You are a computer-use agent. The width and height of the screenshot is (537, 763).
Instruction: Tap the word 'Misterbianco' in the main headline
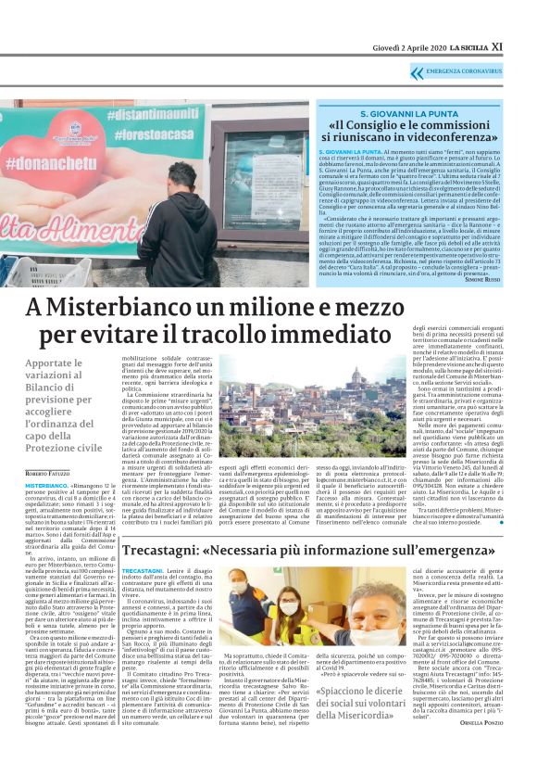click(x=120, y=308)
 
